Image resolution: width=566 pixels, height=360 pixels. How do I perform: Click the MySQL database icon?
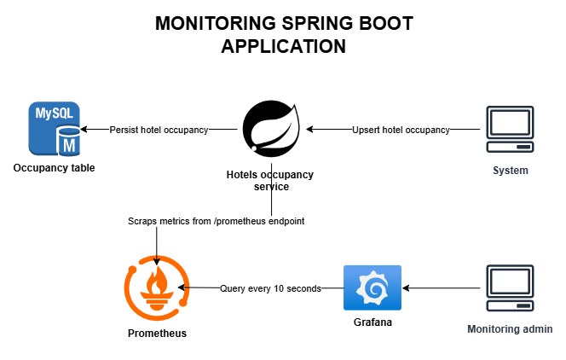54,129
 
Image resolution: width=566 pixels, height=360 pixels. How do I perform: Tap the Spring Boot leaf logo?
270,129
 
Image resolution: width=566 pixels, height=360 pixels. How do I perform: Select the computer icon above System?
510,130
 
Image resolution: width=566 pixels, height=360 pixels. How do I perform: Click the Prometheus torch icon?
157,288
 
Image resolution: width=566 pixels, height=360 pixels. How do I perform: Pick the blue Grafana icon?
372,288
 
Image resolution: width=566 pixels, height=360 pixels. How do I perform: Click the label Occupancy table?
54,168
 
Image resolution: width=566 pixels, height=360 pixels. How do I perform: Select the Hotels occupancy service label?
270,181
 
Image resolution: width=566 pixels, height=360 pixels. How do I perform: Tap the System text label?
511,171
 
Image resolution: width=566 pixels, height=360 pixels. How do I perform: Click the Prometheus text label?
157,333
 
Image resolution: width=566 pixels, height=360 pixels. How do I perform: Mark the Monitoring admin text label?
511,329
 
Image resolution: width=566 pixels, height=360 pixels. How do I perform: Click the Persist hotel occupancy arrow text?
159,130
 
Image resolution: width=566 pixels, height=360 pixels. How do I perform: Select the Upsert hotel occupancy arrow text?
401,130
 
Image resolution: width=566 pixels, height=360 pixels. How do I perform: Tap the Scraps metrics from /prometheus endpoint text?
217,221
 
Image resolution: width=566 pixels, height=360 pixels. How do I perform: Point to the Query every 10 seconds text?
270,288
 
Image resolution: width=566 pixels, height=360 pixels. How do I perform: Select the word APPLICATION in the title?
283,46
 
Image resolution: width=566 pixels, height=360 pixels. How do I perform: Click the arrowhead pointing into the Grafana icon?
406,288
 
